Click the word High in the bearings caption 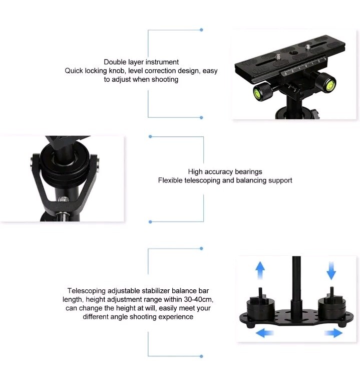(196, 171)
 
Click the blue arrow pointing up (260, 270)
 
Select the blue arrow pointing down (331, 271)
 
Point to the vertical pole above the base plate (296, 281)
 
